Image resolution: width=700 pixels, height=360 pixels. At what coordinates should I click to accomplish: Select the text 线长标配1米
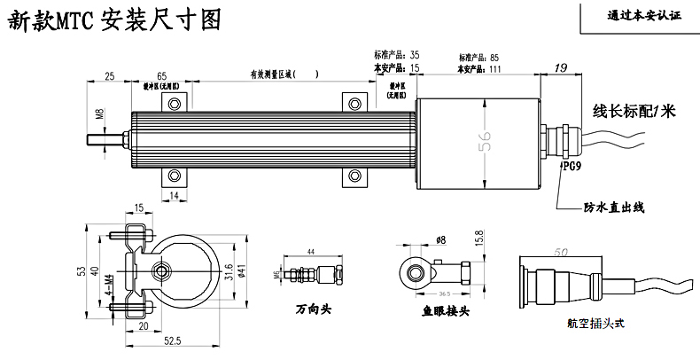click(634, 112)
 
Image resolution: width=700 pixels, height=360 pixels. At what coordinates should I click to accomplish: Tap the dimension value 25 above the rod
click(110, 76)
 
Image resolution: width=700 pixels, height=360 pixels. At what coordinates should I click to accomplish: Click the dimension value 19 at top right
click(560, 68)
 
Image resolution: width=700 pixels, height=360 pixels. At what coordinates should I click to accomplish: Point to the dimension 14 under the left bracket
click(175, 194)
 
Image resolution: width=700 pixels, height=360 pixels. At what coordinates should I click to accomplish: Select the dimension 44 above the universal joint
click(310, 253)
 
